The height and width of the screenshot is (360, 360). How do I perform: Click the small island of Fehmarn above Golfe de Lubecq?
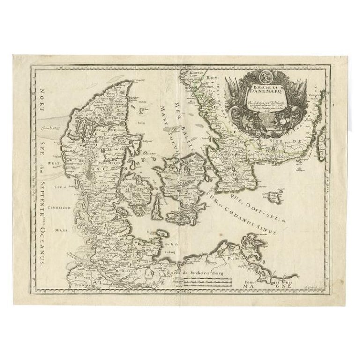162,233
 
